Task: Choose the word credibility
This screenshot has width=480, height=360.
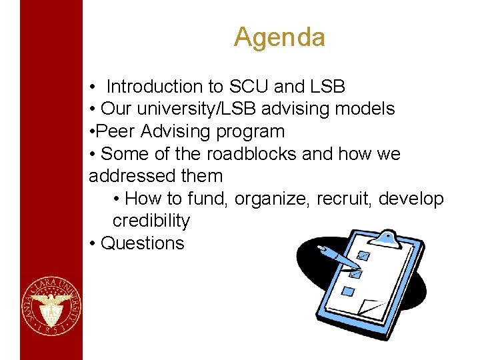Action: (x=151, y=221)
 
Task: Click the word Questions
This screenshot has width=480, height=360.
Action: (x=142, y=243)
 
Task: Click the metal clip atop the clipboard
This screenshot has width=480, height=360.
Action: (x=387, y=236)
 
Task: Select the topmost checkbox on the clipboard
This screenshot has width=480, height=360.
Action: (x=363, y=255)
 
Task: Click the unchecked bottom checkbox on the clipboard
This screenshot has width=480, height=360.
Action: (x=347, y=291)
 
